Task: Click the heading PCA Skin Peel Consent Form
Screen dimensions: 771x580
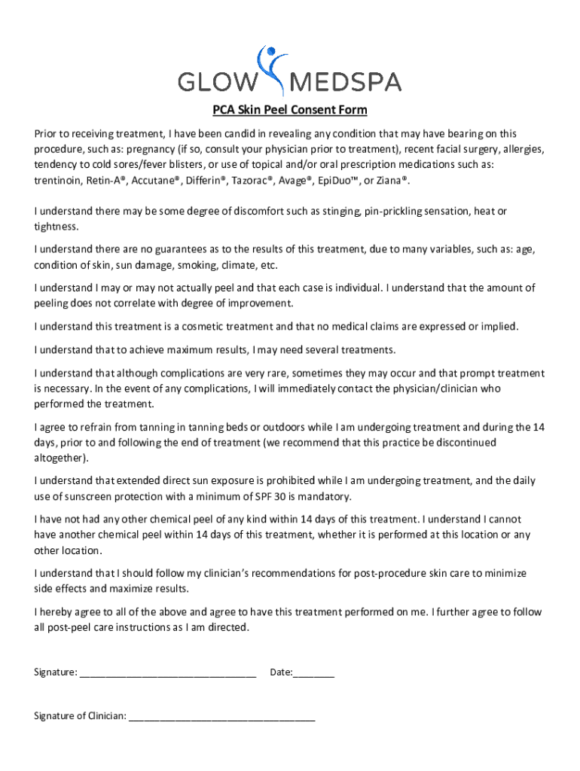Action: click(289, 111)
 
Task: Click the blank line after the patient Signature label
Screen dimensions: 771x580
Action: click(167, 672)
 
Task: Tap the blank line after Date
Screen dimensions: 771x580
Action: click(314, 672)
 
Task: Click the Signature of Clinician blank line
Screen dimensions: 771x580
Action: click(221, 717)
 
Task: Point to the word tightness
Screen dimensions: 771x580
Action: click(55, 227)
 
